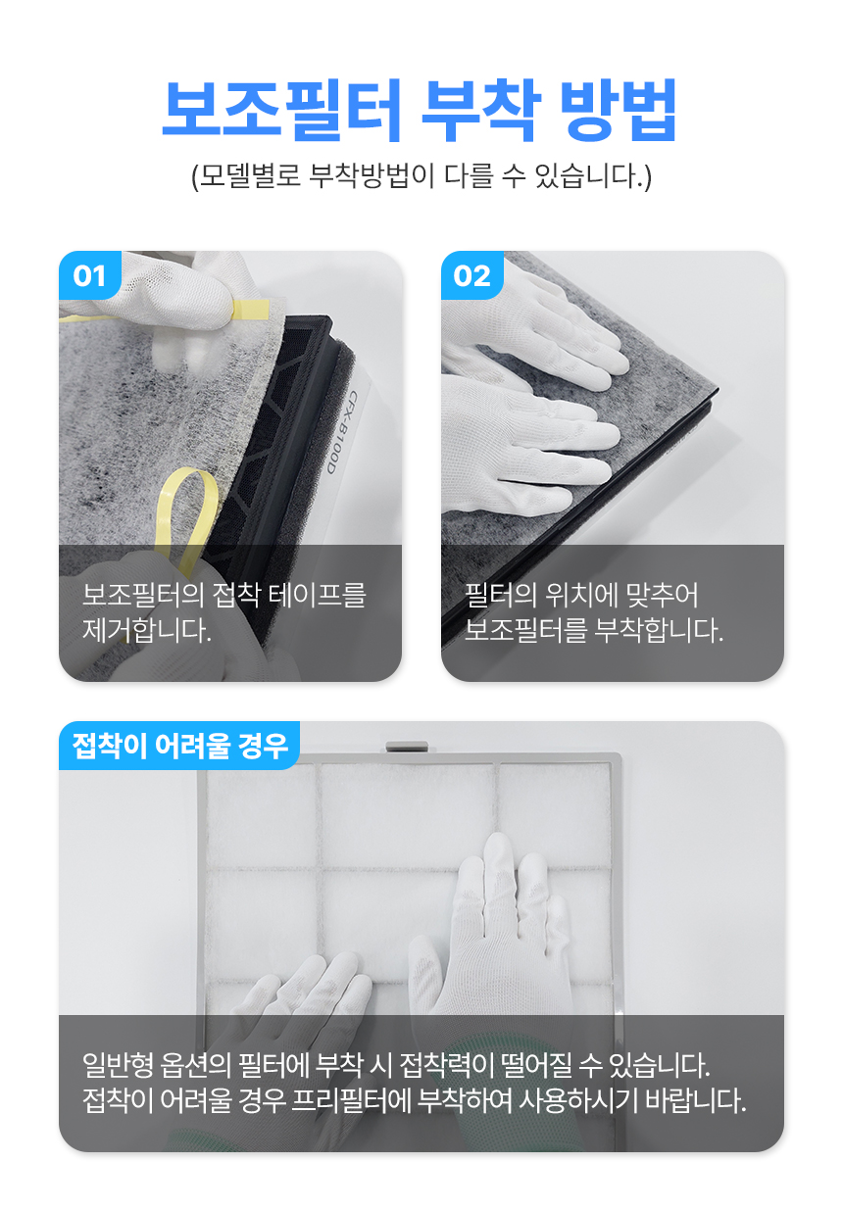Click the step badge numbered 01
(x=90, y=275)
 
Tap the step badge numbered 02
(x=472, y=275)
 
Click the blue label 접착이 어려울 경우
(x=179, y=746)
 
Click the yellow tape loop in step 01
(x=187, y=519)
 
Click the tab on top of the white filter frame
(x=407, y=747)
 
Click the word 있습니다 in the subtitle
(x=593, y=175)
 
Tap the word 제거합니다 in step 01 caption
(x=146, y=630)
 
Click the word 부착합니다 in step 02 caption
(x=659, y=630)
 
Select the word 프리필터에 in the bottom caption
(x=350, y=1100)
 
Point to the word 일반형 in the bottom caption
(x=118, y=1064)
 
